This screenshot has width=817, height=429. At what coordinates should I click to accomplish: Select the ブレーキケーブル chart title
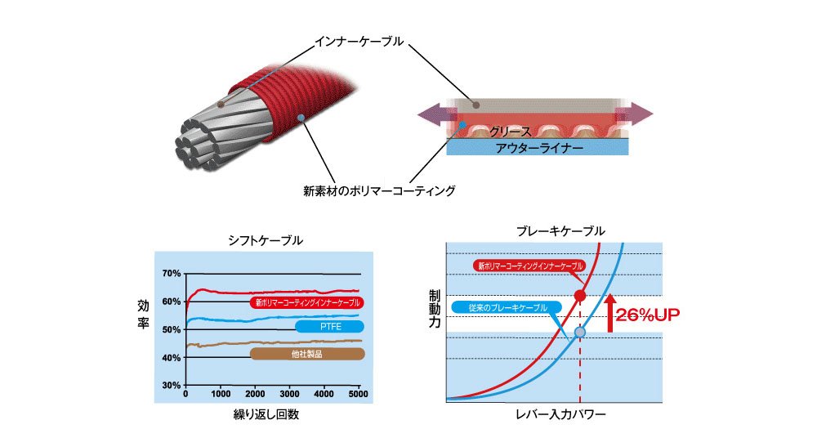click(560, 232)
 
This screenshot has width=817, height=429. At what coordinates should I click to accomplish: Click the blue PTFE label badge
click(329, 327)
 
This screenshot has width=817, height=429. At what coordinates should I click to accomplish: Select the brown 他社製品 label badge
click(306, 355)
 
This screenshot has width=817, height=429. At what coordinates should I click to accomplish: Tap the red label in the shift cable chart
click(306, 302)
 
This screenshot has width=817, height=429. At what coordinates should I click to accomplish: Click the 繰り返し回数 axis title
click(265, 414)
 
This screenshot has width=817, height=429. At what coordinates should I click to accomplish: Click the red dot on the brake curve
click(580, 295)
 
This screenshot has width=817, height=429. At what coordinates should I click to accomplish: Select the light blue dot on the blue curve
click(580, 332)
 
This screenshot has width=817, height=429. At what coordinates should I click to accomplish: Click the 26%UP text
click(650, 314)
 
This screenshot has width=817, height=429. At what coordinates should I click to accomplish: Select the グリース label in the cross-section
click(511, 132)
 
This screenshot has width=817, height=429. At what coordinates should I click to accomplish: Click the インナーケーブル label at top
click(359, 39)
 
